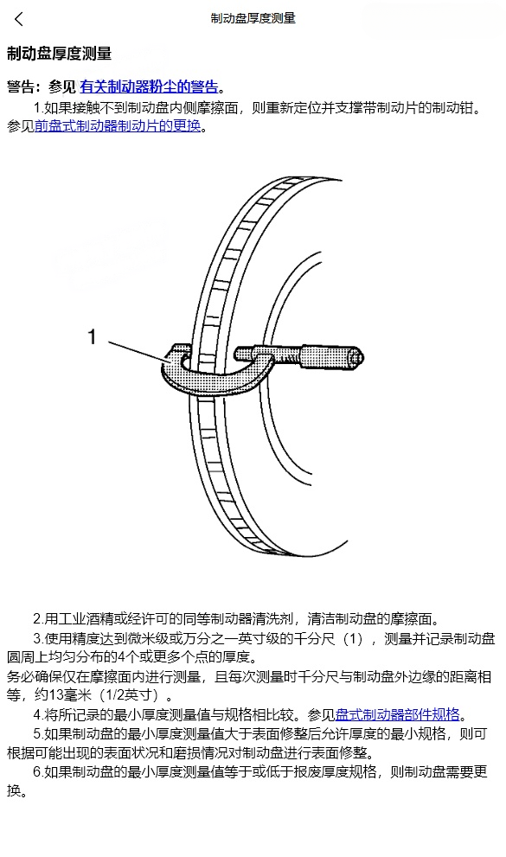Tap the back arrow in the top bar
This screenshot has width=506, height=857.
[x=18, y=19]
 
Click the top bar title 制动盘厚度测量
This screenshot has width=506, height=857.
[x=253, y=18]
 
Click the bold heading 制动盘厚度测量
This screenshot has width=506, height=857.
[x=59, y=54]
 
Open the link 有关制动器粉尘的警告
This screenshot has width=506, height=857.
[x=149, y=86]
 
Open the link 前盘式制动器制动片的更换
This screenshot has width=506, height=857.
[x=118, y=126]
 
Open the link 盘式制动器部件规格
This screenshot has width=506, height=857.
[x=397, y=714]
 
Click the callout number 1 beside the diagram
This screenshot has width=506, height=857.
[x=93, y=336]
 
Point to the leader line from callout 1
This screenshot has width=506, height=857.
[x=138, y=351]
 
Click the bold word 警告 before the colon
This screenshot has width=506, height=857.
[x=20, y=86]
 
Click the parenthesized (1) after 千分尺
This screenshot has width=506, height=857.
[x=352, y=638]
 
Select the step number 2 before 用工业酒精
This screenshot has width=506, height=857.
[x=37, y=619]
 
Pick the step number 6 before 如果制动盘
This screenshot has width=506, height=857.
[x=37, y=771]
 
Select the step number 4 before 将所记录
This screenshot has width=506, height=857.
[x=37, y=714]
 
